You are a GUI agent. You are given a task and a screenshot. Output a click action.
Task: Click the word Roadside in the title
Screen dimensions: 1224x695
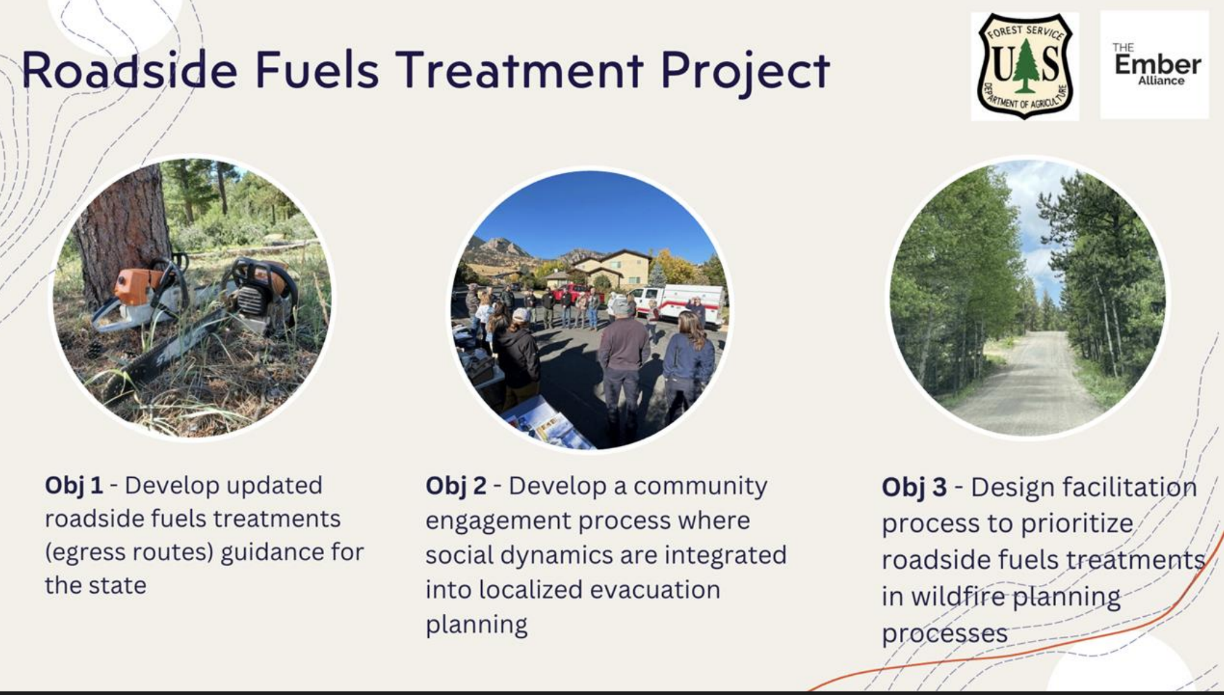(x=129, y=70)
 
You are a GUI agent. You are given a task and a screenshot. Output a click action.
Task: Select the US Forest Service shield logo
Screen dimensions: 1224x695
(x=1025, y=66)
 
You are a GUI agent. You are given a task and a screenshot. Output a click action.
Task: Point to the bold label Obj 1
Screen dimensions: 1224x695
(x=74, y=485)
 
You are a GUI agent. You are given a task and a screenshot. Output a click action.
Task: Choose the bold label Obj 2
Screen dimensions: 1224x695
(x=456, y=486)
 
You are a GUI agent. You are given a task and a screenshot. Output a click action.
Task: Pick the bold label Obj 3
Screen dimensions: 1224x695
(x=914, y=487)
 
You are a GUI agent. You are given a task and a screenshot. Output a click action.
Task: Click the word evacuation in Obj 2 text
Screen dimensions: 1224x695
(x=655, y=590)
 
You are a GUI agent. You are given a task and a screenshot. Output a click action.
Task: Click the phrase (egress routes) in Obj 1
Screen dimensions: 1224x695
(x=129, y=553)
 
